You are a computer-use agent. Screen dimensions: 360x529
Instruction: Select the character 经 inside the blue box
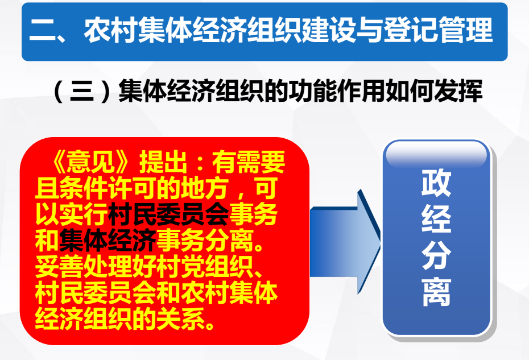pos(436,218)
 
